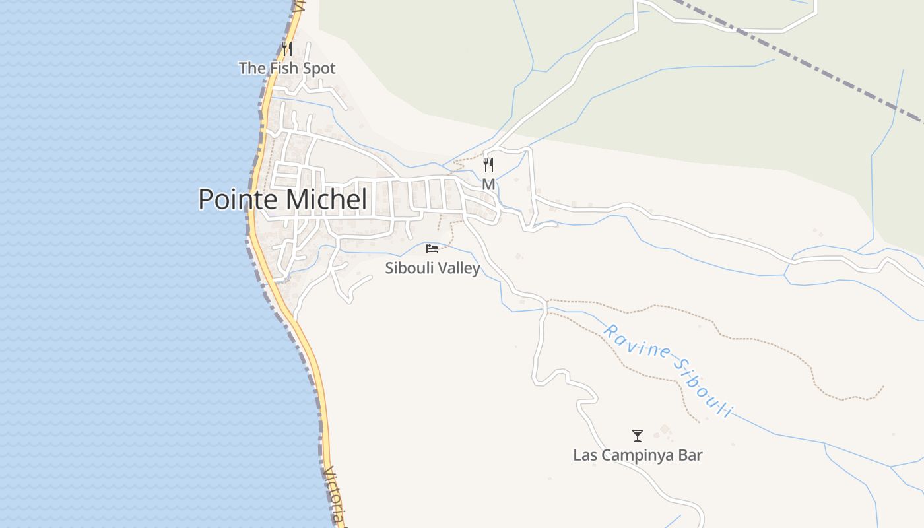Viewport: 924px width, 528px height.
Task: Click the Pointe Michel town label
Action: [282, 199]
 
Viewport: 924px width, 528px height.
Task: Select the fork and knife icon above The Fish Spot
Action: [286, 49]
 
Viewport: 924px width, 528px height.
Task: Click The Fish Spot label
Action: [287, 68]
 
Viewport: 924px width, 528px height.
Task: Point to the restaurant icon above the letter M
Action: [488, 165]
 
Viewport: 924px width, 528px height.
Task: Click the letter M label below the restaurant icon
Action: [488, 185]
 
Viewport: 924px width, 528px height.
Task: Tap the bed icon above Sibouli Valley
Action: [432, 249]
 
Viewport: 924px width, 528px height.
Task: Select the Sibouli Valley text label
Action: [432, 268]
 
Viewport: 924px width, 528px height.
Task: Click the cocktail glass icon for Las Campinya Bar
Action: [638, 436]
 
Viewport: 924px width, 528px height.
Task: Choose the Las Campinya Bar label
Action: [638, 455]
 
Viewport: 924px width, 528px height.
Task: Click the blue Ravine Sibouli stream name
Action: [667, 370]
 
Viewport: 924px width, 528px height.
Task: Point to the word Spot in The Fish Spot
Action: [318, 68]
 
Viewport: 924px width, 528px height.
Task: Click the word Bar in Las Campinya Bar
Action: [690, 455]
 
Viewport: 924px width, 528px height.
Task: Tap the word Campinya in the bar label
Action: [634, 455]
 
